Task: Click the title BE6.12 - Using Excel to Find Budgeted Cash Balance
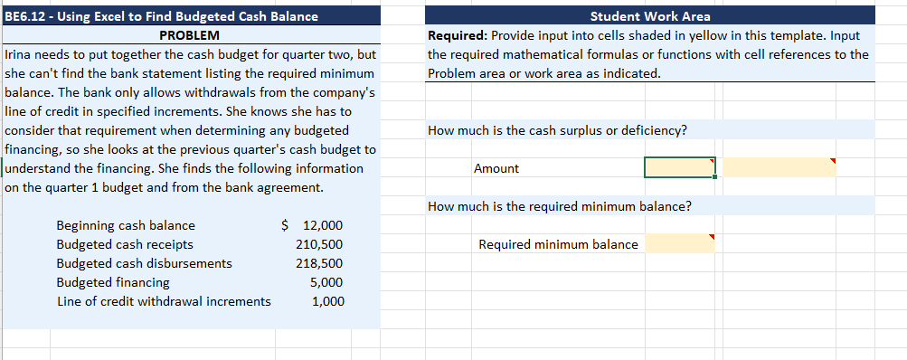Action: pyautogui.click(x=162, y=15)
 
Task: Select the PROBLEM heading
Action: pyautogui.click(x=189, y=35)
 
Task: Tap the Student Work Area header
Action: pyautogui.click(x=650, y=15)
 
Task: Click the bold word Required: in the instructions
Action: pyautogui.click(x=458, y=35)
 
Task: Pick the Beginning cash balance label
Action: pyautogui.click(x=126, y=225)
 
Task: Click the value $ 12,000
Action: pyautogui.click(x=313, y=225)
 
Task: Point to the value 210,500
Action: pyautogui.click(x=319, y=244)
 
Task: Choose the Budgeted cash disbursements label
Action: pyautogui.click(x=144, y=263)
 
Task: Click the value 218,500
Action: pyautogui.click(x=319, y=263)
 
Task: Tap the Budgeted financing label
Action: pyautogui.click(x=113, y=282)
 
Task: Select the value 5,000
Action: pyautogui.click(x=326, y=282)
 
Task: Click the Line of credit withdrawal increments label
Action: pyautogui.click(x=164, y=301)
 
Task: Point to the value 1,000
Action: pyautogui.click(x=326, y=301)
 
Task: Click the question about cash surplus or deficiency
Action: pyautogui.click(x=557, y=130)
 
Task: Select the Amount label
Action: pyautogui.click(x=496, y=168)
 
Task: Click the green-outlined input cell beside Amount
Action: pyautogui.click(x=679, y=167)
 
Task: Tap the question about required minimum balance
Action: pyautogui.click(x=560, y=206)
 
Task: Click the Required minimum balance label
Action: pyautogui.click(x=558, y=244)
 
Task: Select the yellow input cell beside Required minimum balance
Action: pyautogui.click(x=679, y=243)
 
